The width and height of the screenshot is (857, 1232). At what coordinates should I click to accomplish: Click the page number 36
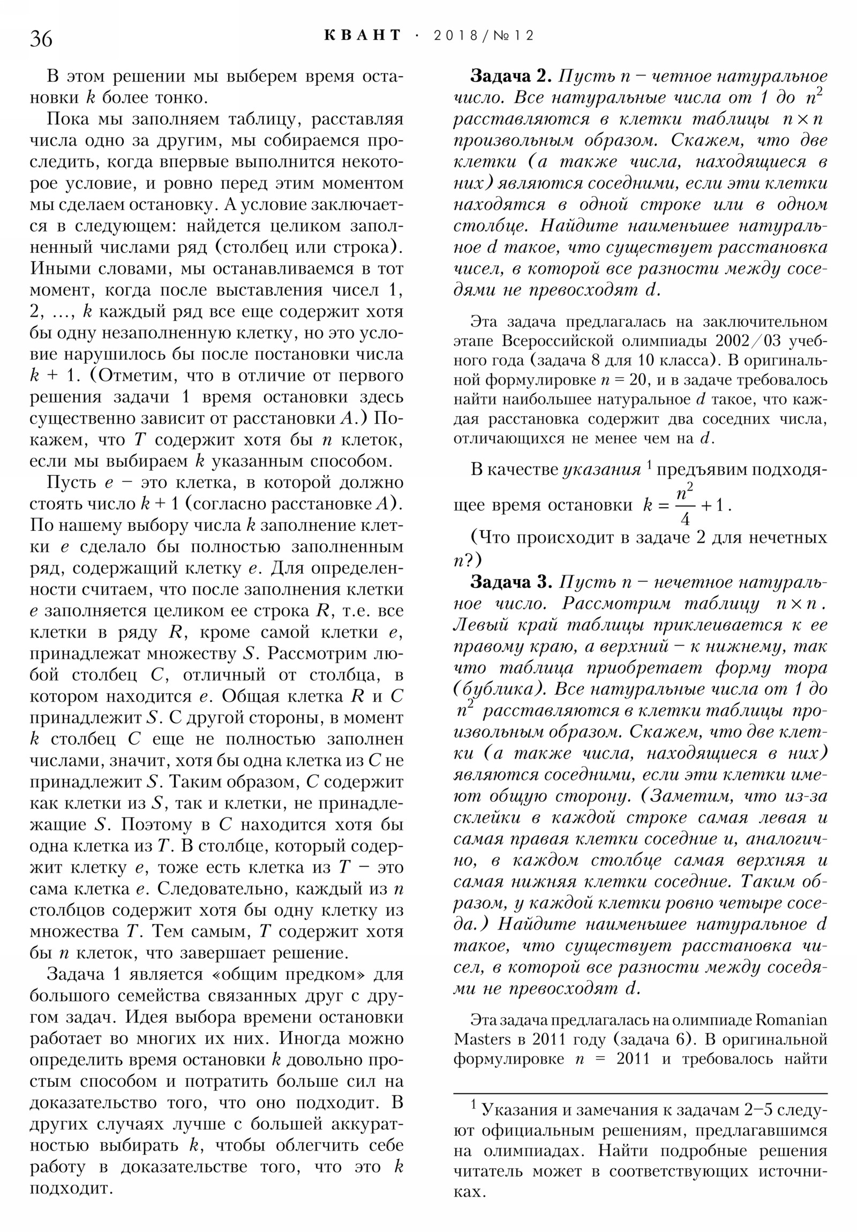point(41,39)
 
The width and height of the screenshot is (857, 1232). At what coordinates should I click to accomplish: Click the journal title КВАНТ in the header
point(362,35)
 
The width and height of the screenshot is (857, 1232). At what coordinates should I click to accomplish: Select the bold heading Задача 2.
point(510,76)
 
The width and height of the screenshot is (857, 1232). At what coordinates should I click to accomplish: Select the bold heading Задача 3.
point(510,582)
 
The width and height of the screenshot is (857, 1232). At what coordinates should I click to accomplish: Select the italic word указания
point(602,470)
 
